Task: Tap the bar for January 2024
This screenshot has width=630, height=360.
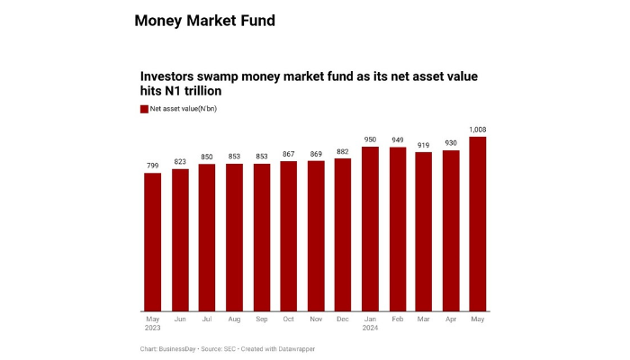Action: pos(370,229)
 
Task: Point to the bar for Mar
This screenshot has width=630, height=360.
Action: pos(424,231)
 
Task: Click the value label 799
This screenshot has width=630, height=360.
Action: pos(153,166)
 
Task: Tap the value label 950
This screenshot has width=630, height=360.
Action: pos(370,139)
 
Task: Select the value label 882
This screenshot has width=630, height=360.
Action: pos(343,151)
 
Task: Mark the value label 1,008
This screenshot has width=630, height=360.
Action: pos(478,130)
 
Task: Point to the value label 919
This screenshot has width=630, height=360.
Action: pos(424,145)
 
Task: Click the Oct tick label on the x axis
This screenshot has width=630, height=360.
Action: pos(289,319)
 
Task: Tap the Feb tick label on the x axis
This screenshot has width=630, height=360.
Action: pos(397,319)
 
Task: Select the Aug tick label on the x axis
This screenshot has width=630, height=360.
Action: pos(234,319)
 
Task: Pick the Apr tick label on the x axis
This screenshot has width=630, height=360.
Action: pos(451,319)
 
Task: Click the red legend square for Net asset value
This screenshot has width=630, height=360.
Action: pos(144,109)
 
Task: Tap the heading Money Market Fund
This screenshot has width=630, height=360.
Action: pos(204,20)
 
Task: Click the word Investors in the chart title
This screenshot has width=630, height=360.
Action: pos(173,77)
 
